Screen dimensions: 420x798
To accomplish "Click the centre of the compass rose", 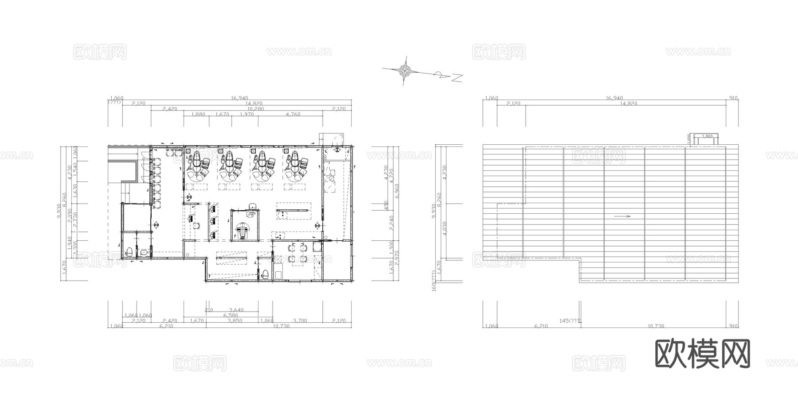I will click(x=405, y=69).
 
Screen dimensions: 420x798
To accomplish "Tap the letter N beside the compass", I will click(x=457, y=78).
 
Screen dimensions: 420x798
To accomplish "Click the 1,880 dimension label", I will click(x=198, y=114).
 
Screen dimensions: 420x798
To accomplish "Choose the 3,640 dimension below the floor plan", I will click(x=236, y=310).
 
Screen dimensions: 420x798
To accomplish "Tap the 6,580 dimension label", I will click(x=231, y=315).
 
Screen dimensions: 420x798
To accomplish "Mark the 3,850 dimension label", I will click(x=235, y=321).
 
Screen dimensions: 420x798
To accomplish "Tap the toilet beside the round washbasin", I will click(x=129, y=253).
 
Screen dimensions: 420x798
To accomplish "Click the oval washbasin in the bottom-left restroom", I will click(x=144, y=253).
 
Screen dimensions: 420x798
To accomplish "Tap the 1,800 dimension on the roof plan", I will click(x=707, y=136).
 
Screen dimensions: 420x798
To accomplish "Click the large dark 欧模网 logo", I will click(x=702, y=354).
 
